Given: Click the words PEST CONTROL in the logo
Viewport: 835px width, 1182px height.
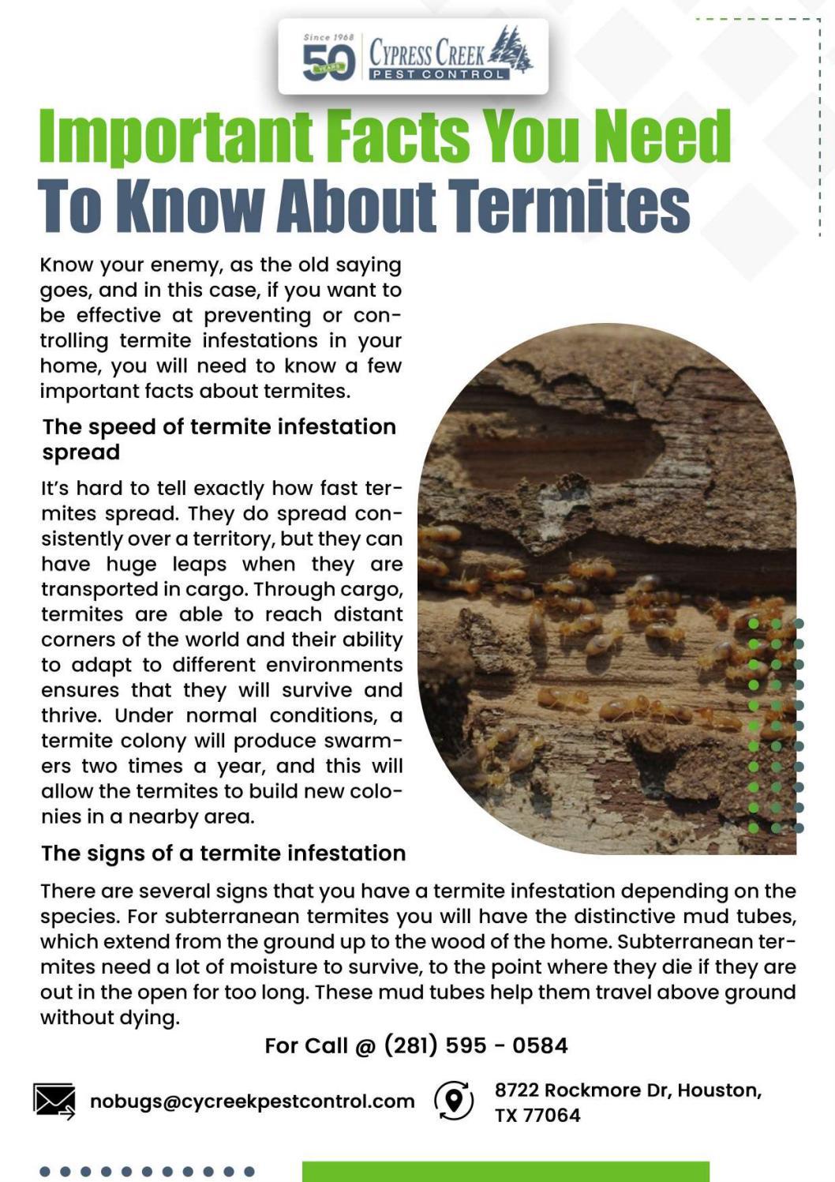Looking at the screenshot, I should (439, 74).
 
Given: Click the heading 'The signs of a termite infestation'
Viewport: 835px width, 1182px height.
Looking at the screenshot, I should (223, 854).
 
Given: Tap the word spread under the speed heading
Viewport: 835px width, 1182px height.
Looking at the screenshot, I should (81, 452).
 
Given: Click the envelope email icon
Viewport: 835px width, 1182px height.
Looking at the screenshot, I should (54, 1101).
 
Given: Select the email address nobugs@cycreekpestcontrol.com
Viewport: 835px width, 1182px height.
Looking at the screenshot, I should (252, 1101).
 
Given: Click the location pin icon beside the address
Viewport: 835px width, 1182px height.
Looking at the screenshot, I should (454, 1100).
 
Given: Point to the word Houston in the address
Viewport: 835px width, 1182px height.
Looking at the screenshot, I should (719, 1090).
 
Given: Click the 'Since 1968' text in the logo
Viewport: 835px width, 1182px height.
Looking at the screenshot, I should (328, 37).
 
